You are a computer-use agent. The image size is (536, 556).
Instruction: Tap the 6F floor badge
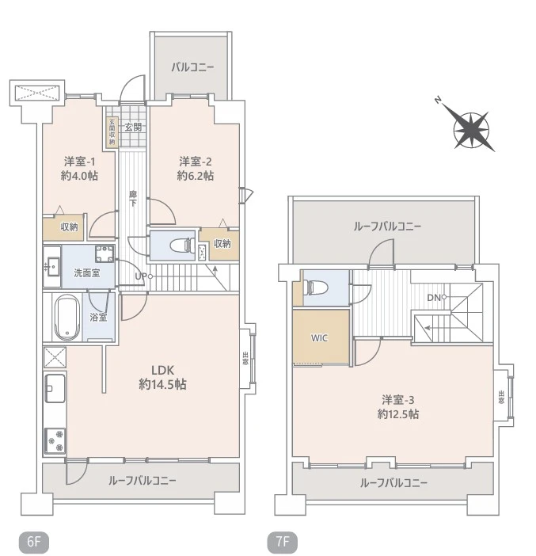(x=33, y=543)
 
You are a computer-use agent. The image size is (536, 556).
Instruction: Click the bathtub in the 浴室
(x=67, y=316)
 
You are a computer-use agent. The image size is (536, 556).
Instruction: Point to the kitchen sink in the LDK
(x=55, y=388)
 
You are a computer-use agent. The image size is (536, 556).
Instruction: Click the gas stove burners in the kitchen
(x=55, y=438)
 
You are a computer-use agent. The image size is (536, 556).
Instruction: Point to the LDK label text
(x=162, y=368)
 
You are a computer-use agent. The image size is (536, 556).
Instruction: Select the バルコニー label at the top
(x=192, y=67)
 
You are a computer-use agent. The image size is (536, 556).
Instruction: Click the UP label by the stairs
(x=140, y=276)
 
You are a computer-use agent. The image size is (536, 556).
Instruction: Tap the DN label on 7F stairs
(x=432, y=297)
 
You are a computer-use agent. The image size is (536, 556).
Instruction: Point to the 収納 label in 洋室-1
(x=69, y=227)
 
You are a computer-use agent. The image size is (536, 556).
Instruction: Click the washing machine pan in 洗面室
(x=104, y=255)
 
